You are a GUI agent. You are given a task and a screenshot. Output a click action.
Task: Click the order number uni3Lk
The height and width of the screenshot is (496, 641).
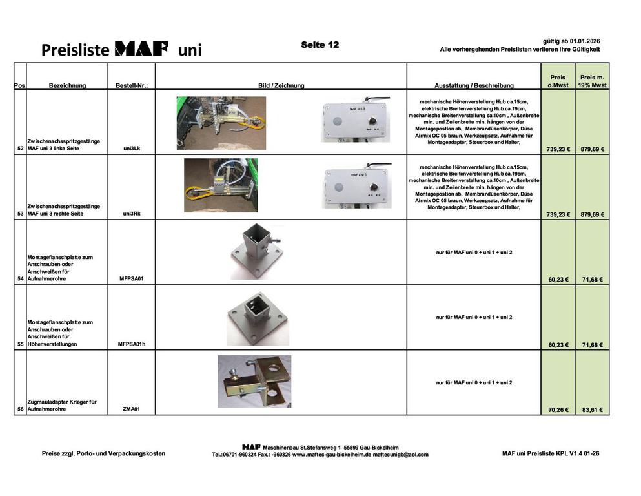(132, 149)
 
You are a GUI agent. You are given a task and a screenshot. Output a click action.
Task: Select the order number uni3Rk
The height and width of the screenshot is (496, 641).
(132, 214)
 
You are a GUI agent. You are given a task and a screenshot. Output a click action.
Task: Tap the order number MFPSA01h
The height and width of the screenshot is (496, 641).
(132, 344)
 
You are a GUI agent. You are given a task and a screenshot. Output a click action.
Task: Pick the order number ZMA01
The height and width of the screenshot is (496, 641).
(132, 409)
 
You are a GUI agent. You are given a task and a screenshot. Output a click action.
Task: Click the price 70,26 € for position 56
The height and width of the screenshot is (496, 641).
(558, 409)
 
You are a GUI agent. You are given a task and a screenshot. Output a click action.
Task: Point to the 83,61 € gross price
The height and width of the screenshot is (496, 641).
(592, 409)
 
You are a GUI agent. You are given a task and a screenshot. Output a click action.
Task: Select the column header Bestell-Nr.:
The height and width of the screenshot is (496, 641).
(132, 85)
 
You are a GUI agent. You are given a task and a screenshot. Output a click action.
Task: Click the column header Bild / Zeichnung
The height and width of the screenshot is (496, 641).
(281, 85)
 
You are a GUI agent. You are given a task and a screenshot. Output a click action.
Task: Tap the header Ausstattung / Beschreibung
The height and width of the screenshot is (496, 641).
(474, 85)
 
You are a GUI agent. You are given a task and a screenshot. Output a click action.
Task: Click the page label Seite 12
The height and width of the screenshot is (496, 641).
(320, 45)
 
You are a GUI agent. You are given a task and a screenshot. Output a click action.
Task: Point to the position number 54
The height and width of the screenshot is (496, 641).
(21, 279)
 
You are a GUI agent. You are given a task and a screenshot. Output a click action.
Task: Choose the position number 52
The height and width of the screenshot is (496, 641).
(21, 149)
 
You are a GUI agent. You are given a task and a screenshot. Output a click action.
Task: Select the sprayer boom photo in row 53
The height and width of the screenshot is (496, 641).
(220, 185)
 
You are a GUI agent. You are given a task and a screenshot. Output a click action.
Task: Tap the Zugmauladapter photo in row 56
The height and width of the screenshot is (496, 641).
(254, 380)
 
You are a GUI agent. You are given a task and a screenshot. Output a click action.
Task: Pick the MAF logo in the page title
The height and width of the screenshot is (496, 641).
(141, 49)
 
